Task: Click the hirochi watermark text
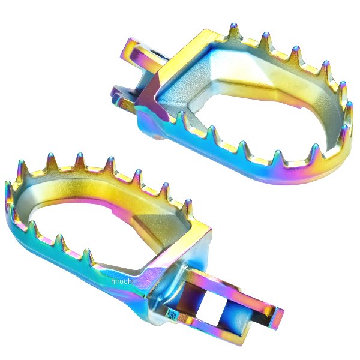pos(122,281)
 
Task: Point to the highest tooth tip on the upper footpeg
pos(233,25)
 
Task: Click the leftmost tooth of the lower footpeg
pos(8,184)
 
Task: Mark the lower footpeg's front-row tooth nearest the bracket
pos(87,251)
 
